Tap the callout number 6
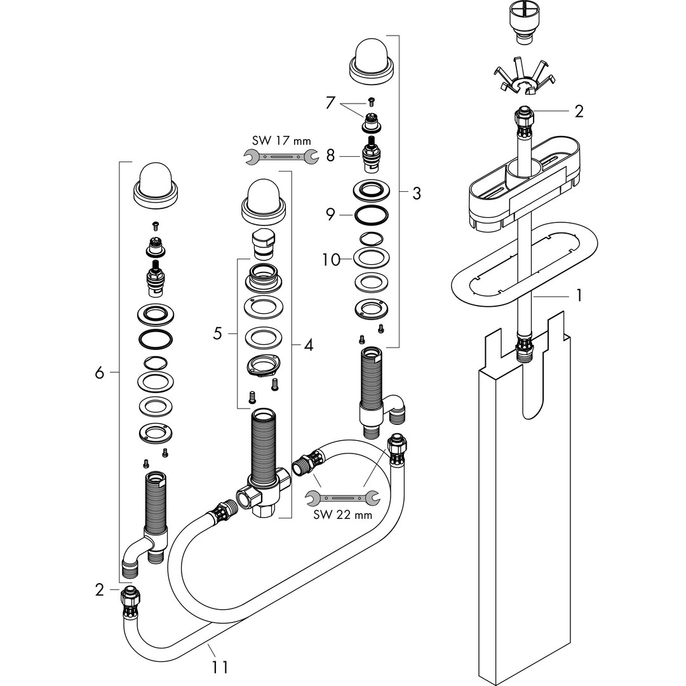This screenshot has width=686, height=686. pyautogui.click(x=99, y=373)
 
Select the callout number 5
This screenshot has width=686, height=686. pyautogui.click(x=217, y=333)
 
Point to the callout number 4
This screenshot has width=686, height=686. pyautogui.click(x=308, y=346)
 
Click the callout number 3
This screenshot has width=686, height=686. pyautogui.click(x=416, y=194)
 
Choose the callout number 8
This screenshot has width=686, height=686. pyautogui.click(x=330, y=154)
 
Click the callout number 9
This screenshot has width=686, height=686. pyautogui.click(x=330, y=215)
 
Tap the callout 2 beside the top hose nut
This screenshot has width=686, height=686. pyautogui.click(x=578, y=112)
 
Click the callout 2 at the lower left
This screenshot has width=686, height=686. pyautogui.click(x=99, y=590)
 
